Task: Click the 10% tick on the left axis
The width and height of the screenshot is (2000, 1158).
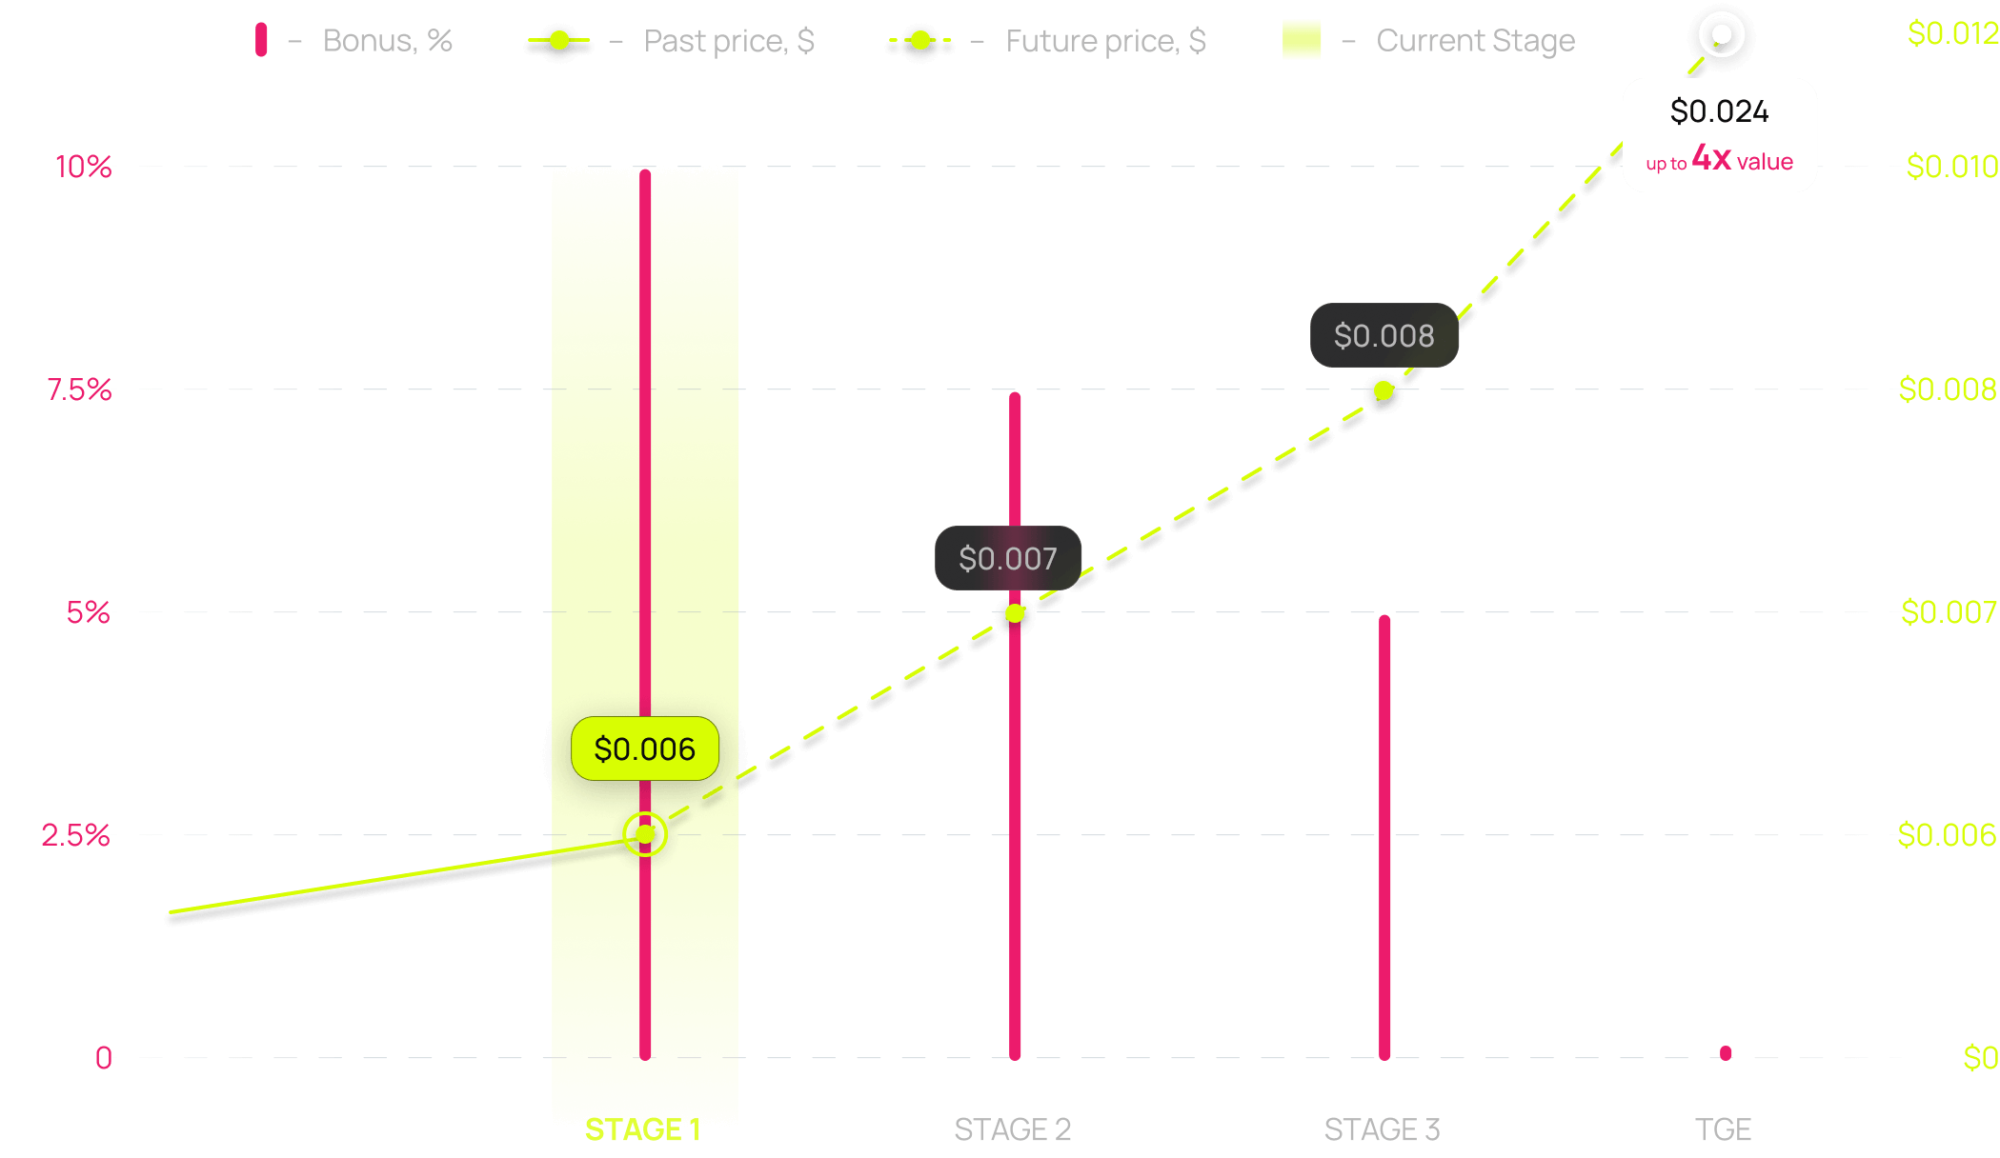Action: [x=84, y=167]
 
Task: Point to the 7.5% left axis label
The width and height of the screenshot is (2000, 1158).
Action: [x=80, y=389]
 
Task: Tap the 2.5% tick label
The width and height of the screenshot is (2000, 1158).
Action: [x=75, y=835]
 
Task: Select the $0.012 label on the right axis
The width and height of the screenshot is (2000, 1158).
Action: [x=1951, y=33]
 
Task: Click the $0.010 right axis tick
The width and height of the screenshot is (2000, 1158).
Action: [x=1951, y=167]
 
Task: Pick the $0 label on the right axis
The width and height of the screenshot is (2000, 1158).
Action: [x=1980, y=1058]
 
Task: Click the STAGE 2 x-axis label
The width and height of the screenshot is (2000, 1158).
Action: [x=1012, y=1129]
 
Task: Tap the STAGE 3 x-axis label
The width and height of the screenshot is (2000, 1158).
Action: [x=1382, y=1129]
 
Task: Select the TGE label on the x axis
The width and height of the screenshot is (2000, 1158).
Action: [x=1723, y=1129]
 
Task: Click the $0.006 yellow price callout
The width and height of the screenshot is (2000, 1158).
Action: [x=645, y=749]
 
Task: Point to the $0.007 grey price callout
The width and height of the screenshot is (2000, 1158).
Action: [x=1008, y=558]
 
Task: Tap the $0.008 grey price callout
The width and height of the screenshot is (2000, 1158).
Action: [x=1384, y=335]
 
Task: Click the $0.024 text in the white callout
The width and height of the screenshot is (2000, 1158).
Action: [x=1719, y=111]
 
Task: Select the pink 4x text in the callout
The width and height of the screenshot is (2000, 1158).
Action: [x=1711, y=158]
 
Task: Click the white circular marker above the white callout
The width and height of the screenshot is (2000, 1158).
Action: [x=1721, y=36]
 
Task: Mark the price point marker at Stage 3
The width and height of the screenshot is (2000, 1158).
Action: [x=1384, y=390]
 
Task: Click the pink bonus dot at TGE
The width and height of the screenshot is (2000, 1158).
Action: [x=1726, y=1052]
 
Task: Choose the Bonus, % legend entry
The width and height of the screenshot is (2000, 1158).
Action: [x=387, y=41]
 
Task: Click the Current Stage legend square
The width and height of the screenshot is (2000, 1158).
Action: [x=1302, y=40]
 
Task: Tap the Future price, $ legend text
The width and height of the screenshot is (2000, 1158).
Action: [x=1105, y=41]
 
